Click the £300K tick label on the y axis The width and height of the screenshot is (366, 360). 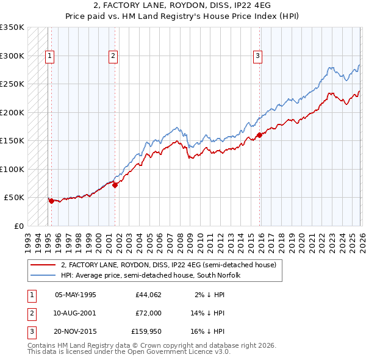(x=12, y=56)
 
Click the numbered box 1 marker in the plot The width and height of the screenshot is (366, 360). (x=49, y=56)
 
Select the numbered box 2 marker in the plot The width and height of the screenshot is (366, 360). (x=113, y=56)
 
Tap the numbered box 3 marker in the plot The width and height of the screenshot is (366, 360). (x=258, y=56)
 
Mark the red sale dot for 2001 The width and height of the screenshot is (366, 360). (x=115, y=185)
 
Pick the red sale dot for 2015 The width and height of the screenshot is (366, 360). (x=259, y=135)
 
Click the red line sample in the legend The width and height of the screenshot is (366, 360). (x=43, y=265)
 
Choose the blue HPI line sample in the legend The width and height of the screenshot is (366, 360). (x=43, y=275)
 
